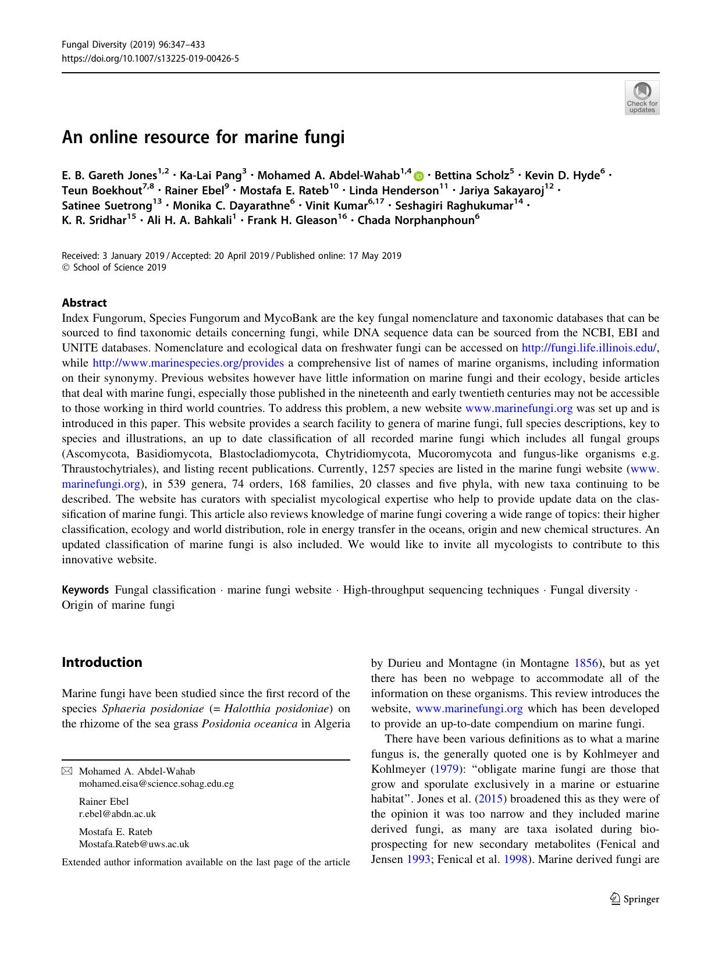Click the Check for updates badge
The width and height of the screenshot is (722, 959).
(x=642, y=98)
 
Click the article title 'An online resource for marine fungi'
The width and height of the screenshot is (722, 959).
(x=203, y=137)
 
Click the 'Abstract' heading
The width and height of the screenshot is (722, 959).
(x=84, y=303)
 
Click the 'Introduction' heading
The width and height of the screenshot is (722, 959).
(x=102, y=662)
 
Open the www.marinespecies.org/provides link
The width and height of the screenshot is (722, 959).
(x=188, y=363)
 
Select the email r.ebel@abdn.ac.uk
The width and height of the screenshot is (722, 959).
(x=117, y=814)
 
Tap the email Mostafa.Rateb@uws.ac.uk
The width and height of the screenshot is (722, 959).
(x=134, y=844)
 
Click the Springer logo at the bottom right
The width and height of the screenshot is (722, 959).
(x=634, y=899)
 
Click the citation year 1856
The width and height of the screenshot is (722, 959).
(x=586, y=663)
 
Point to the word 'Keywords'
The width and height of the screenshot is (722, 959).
(x=85, y=590)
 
